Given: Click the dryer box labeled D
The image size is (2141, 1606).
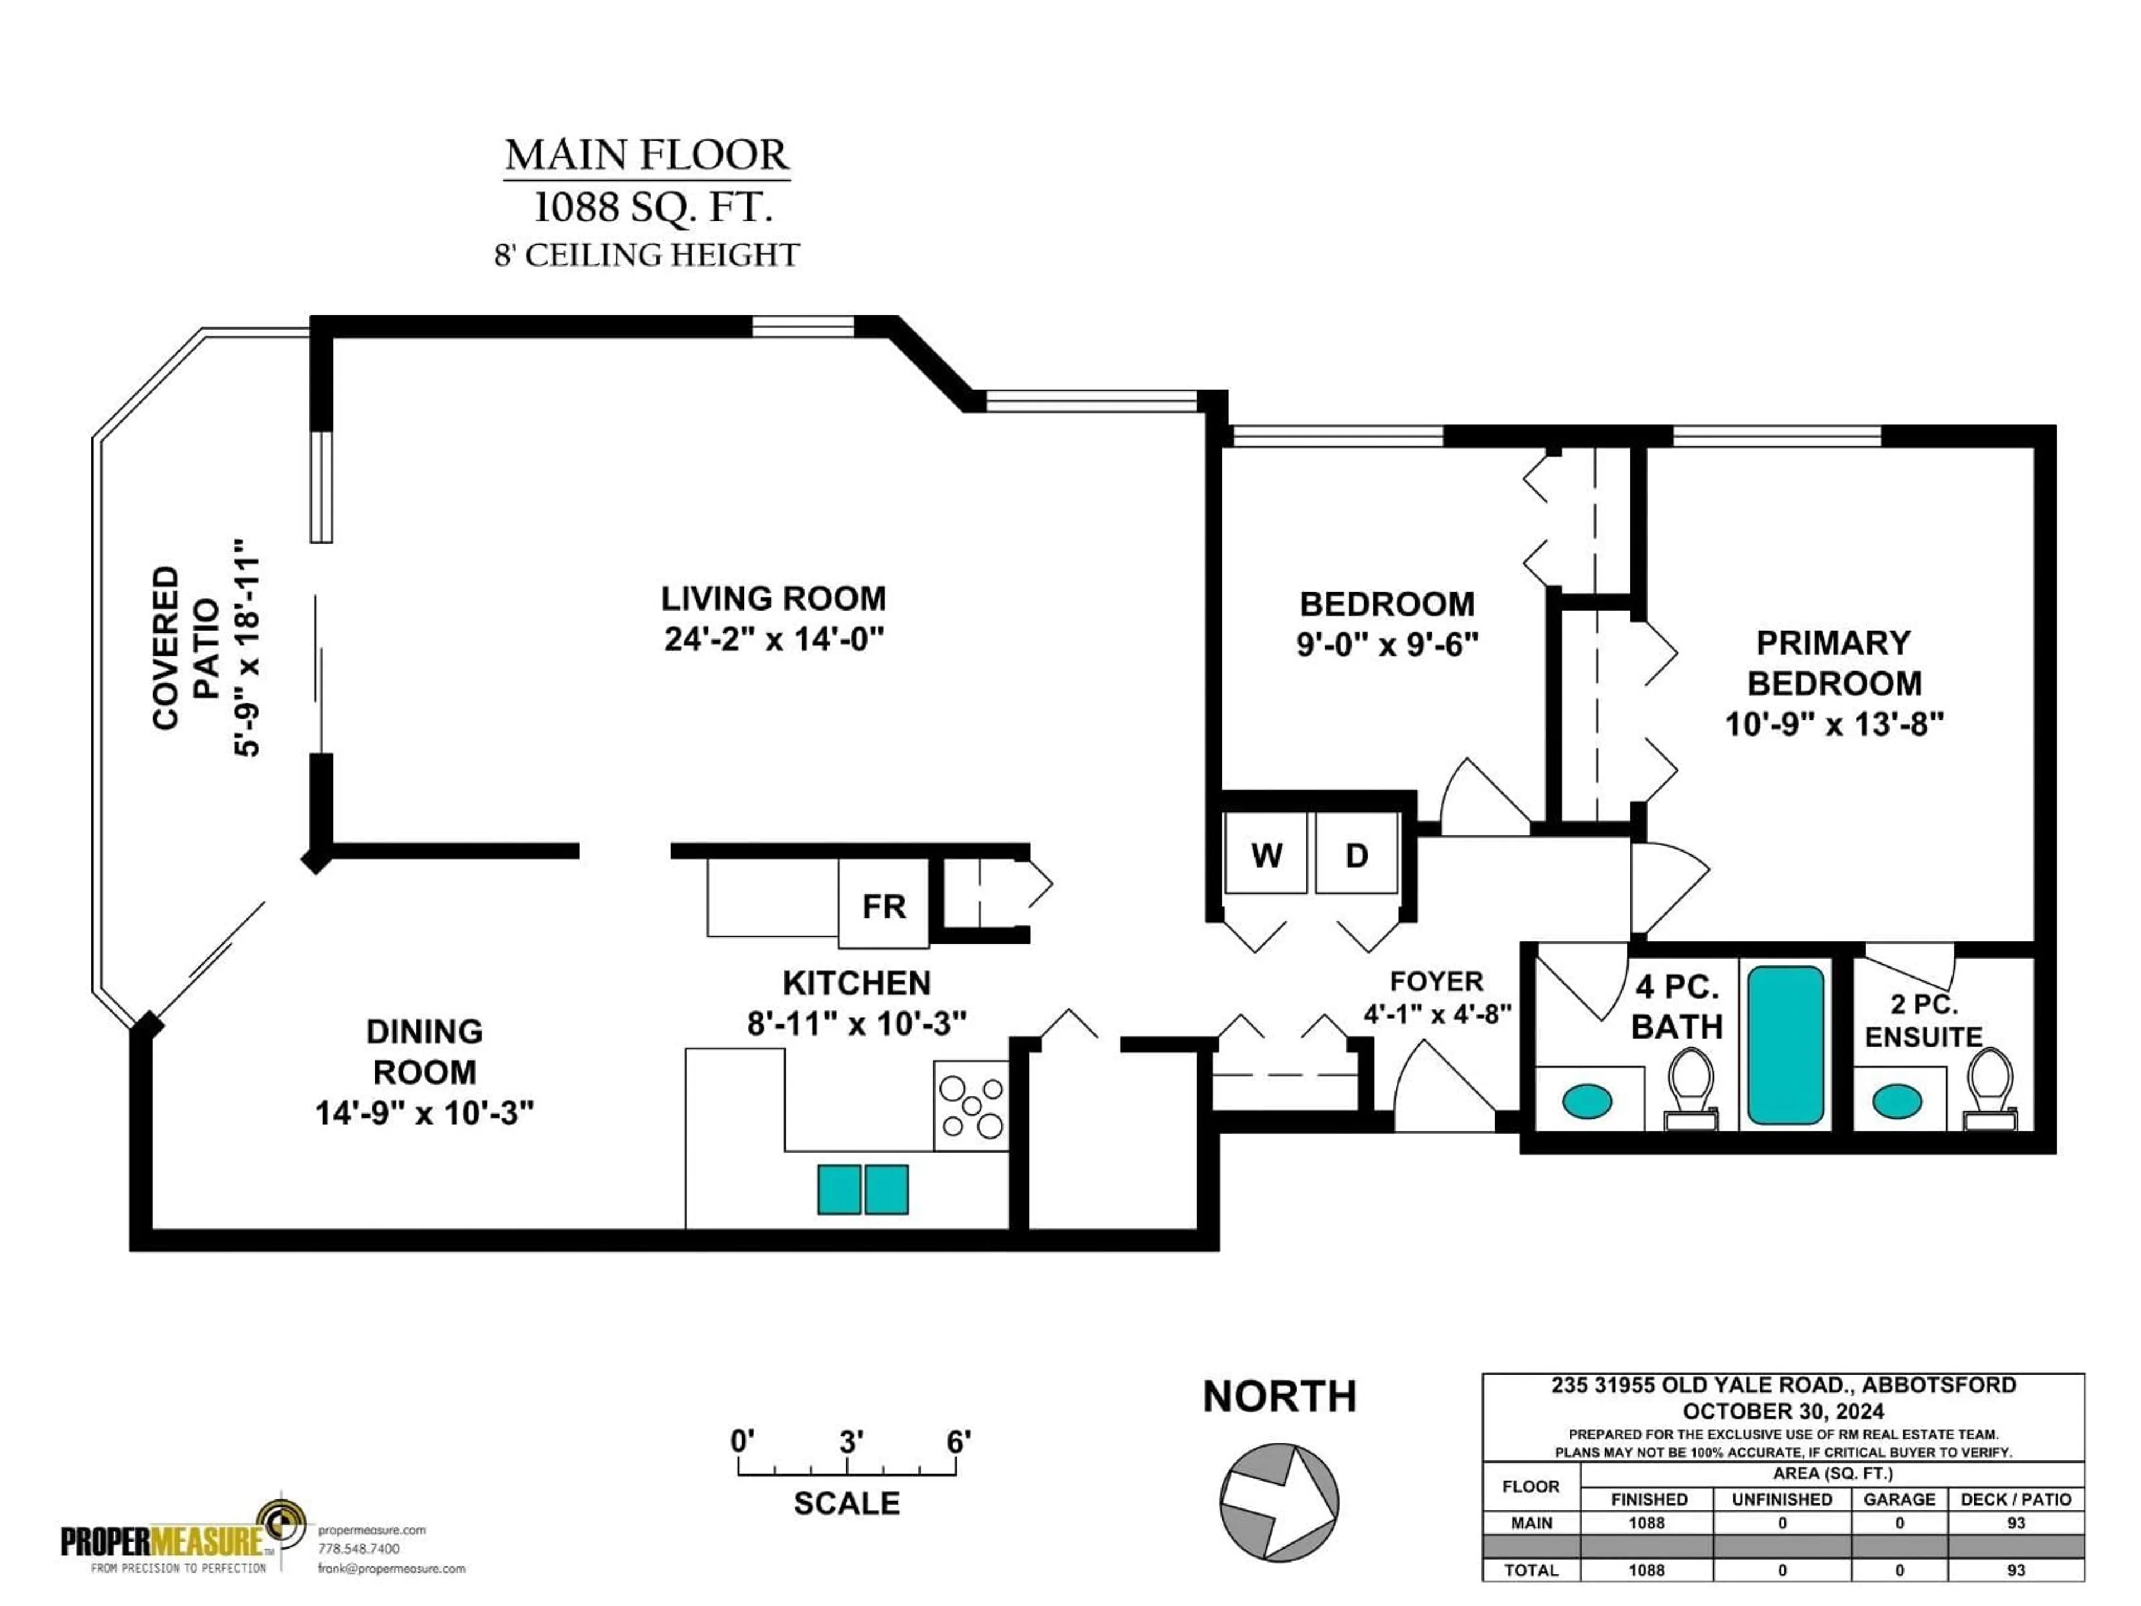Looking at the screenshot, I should (x=1356, y=854).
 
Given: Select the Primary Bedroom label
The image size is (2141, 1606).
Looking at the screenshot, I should (x=1833, y=663).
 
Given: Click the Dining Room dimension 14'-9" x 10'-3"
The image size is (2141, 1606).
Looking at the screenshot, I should (x=424, y=1113).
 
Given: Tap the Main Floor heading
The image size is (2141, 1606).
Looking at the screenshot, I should (x=647, y=156).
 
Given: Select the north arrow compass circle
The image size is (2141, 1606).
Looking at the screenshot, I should (x=1278, y=1502).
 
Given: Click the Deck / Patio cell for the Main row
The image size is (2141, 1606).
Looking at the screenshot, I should (x=2015, y=1523).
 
